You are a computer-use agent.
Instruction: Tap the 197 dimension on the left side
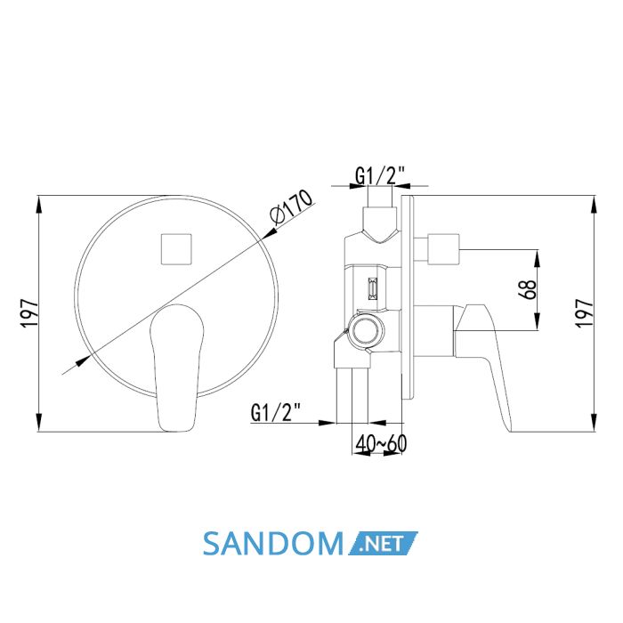29,313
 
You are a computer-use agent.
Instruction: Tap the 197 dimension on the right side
585,313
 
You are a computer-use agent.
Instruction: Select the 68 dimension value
527,289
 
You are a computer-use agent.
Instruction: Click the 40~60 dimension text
381,443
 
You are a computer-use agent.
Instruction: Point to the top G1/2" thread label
380,175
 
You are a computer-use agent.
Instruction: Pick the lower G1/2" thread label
276,412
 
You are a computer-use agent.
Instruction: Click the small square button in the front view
176,249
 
